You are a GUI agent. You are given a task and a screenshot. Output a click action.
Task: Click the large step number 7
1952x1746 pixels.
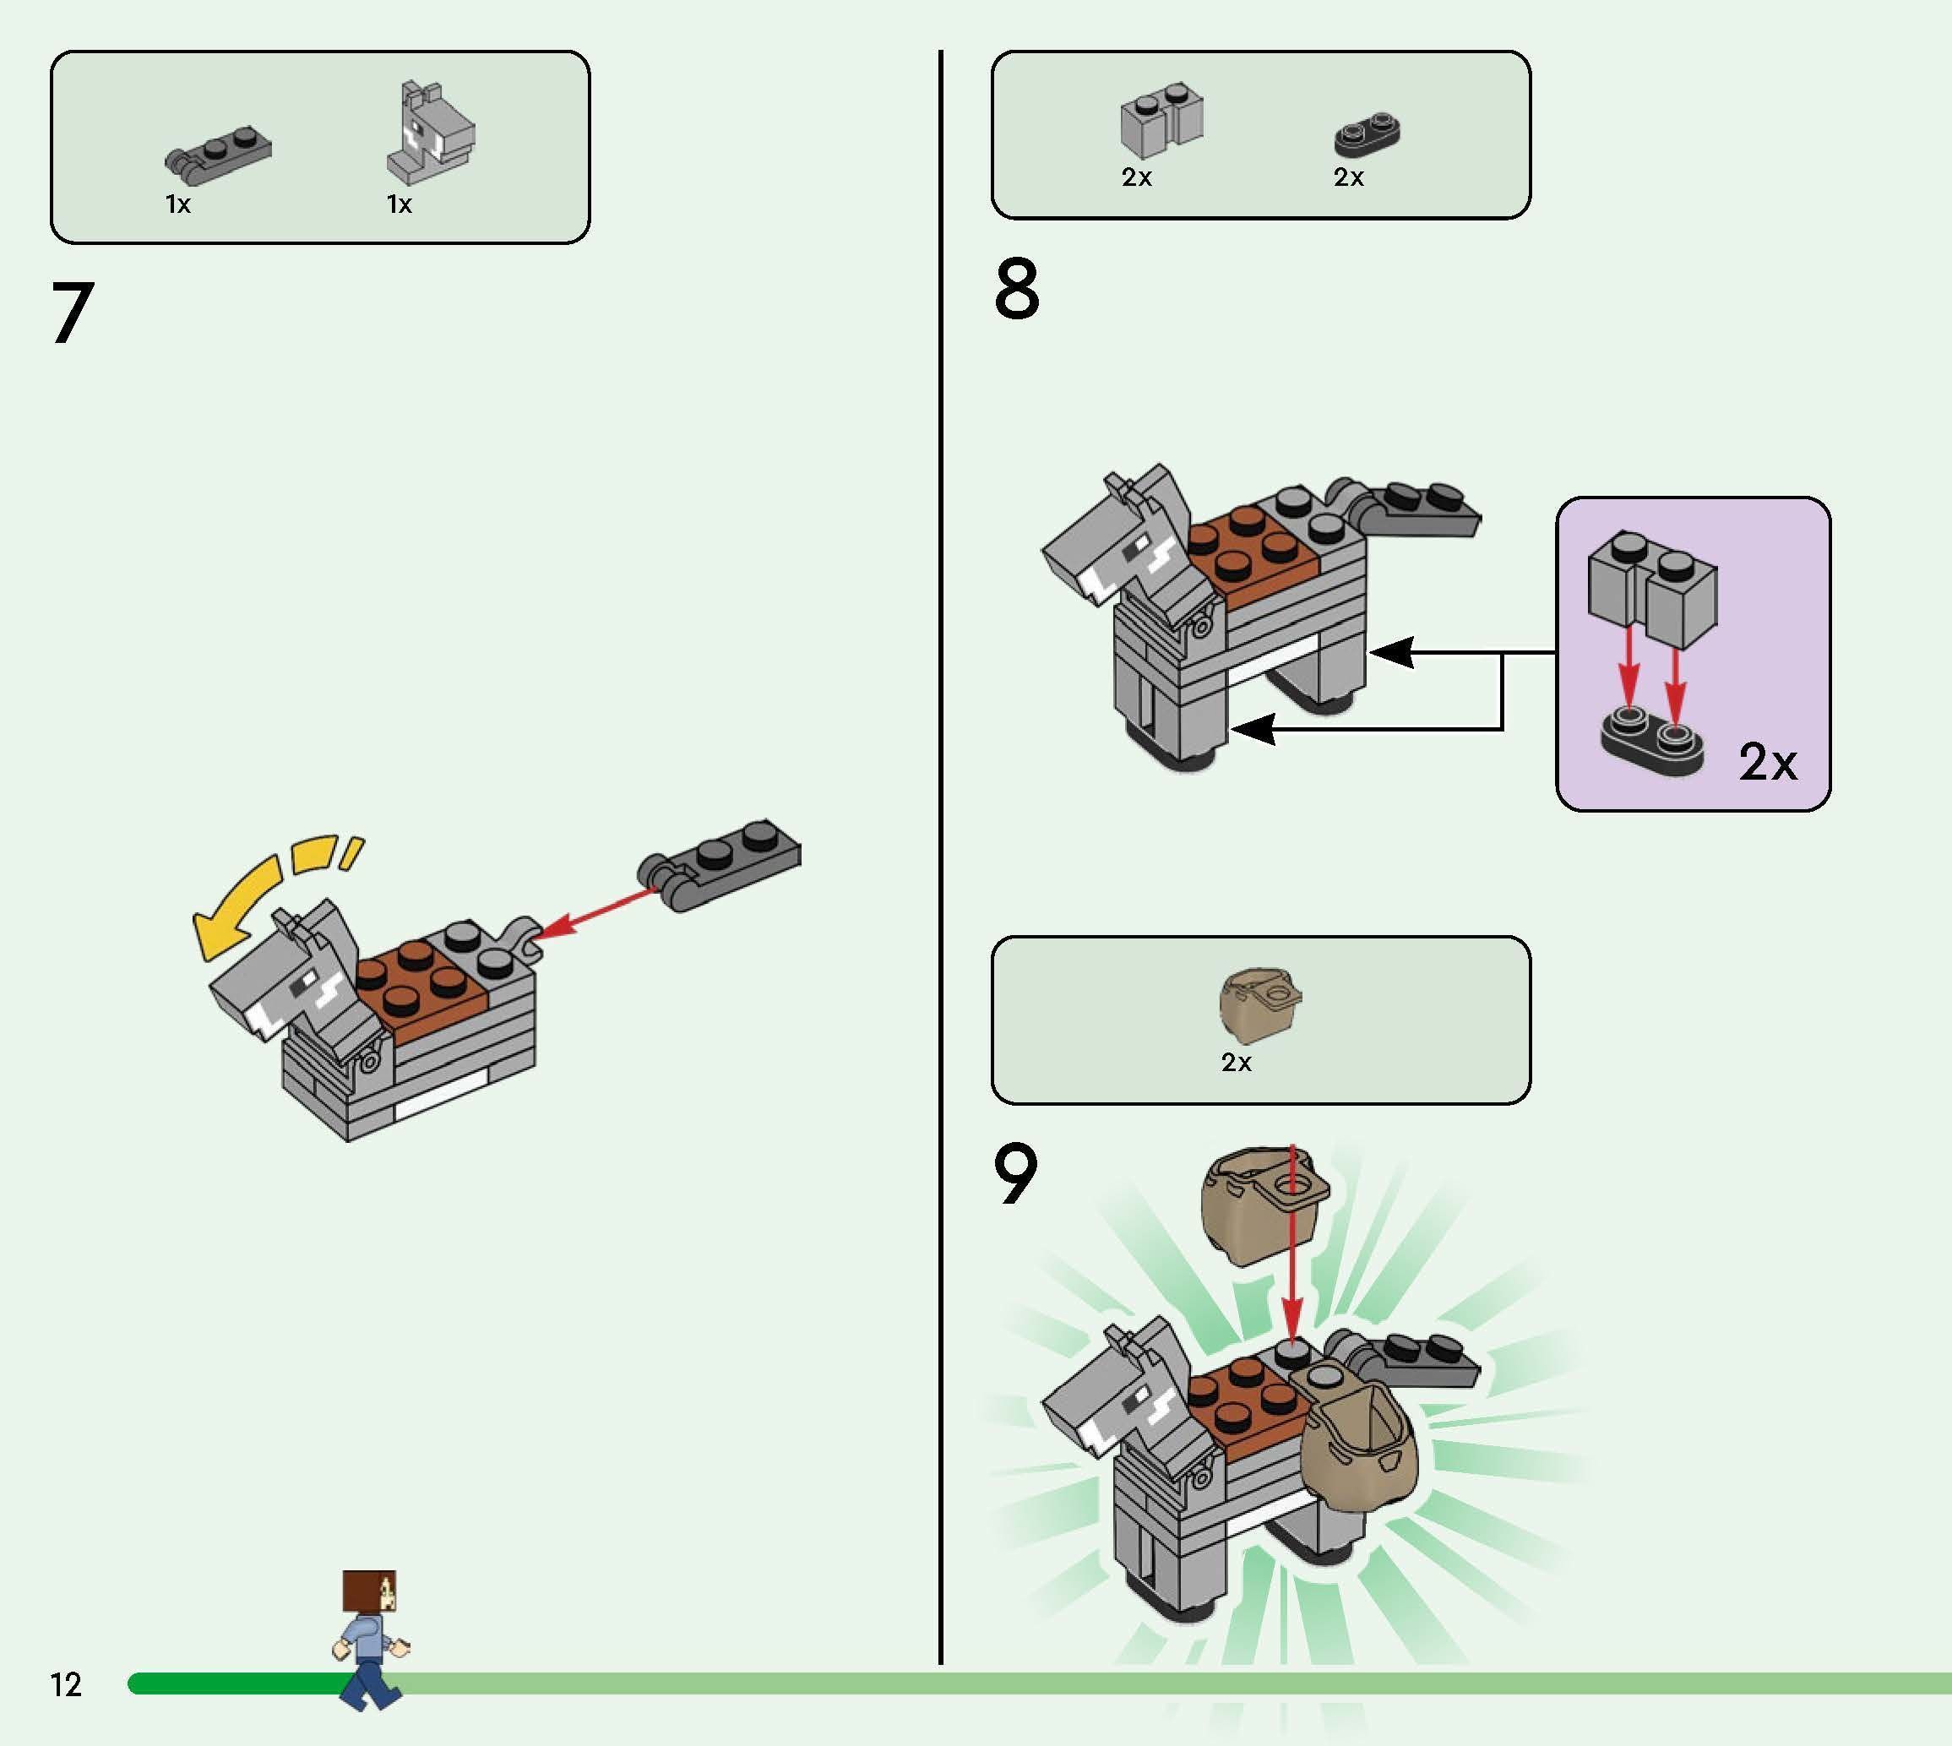73,313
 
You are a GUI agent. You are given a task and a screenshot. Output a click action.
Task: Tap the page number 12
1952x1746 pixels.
66,1684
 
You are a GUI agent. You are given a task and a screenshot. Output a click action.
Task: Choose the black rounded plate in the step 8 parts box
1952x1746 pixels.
1367,136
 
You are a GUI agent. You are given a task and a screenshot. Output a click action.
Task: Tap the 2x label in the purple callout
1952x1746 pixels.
1768,763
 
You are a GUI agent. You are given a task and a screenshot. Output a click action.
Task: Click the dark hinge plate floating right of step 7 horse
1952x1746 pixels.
720,863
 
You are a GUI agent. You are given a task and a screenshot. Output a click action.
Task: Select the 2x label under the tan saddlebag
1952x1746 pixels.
1237,1062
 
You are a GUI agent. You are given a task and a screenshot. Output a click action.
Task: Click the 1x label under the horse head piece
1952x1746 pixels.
399,204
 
